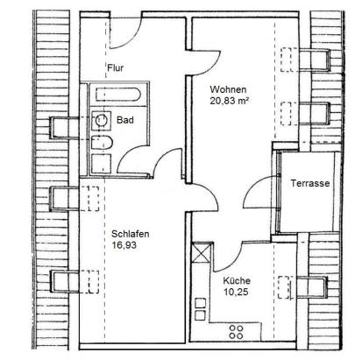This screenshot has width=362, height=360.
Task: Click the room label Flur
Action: [x=116, y=68]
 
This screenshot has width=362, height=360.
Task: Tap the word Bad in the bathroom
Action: [x=125, y=120]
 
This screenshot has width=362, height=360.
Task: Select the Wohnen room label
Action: [x=228, y=89]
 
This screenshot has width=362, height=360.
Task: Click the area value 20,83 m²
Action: [x=229, y=101]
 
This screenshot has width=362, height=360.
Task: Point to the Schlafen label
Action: [x=131, y=234]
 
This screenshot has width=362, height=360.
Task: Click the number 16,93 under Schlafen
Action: [x=124, y=245]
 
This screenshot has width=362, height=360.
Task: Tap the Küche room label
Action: [x=237, y=280]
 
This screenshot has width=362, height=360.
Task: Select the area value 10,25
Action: [x=236, y=292]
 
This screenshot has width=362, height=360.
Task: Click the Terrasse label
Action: [x=310, y=183]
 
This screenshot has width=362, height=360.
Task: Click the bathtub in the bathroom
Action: [x=118, y=95]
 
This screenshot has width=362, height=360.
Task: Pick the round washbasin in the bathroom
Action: [x=102, y=120]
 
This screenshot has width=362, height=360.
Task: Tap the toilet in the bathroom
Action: [x=102, y=143]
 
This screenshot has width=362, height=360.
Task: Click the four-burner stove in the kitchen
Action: [x=236, y=332]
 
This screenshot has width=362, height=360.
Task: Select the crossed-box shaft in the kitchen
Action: [x=201, y=252]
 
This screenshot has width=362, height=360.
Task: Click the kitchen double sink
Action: [x=200, y=309]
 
